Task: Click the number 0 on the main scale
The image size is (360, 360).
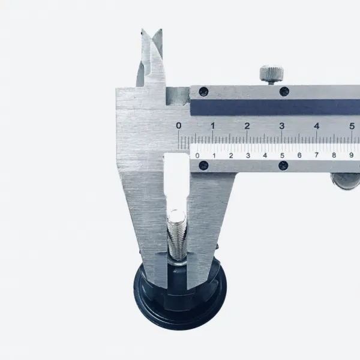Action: (x=179, y=125)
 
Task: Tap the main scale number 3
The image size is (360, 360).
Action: (x=282, y=126)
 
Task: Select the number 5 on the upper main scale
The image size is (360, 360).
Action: (x=352, y=126)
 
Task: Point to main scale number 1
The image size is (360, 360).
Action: (x=213, y=125)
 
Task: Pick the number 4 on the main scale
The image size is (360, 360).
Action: (x=317, y=126)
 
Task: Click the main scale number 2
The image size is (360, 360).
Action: (x=247, y=126)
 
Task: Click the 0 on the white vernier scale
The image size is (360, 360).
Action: (x=197, y=155)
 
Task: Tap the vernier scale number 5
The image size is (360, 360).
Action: (x=282, y=155)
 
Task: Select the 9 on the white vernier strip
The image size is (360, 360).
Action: (x=351, y=155)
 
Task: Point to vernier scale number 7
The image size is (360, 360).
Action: (x=317, y=155)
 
